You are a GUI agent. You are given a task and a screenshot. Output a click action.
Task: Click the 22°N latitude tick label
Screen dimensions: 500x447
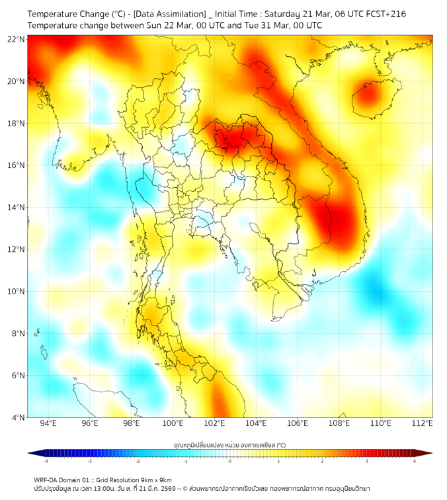tap(17, 39)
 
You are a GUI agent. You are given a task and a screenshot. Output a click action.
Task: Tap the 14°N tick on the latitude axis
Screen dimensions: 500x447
tap(17, 207)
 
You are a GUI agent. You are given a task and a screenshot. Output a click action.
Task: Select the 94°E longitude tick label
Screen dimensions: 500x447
tap(48, 424)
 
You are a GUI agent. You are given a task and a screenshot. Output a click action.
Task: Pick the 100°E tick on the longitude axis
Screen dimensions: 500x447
tap(173, 424)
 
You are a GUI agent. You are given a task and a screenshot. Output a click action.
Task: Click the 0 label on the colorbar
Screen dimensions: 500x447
tap(229, 461)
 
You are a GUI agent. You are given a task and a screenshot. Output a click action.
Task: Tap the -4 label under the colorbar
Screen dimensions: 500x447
tap(45, 461)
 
